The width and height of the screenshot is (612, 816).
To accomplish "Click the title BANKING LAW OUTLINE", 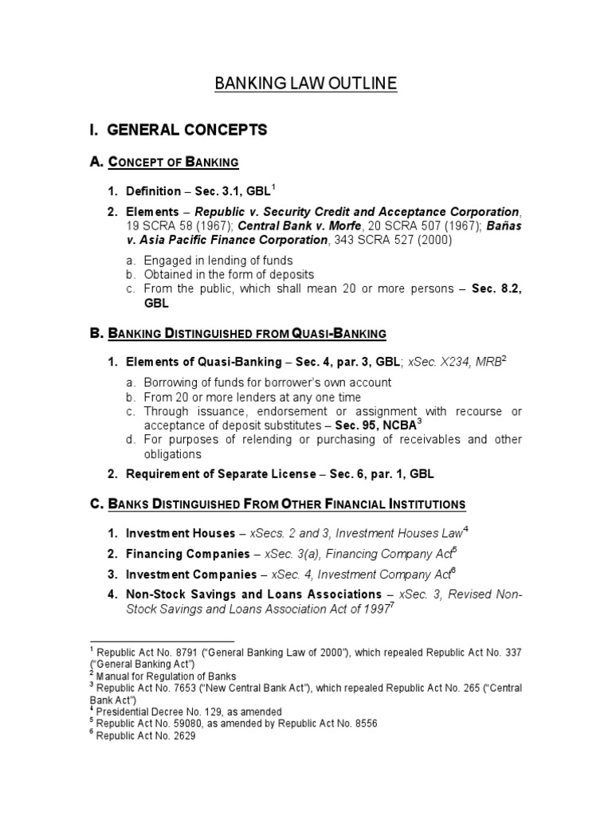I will [305, 84].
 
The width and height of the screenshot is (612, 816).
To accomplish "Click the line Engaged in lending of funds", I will [218, 261].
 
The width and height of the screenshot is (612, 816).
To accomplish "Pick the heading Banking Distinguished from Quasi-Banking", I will [238, 332].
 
